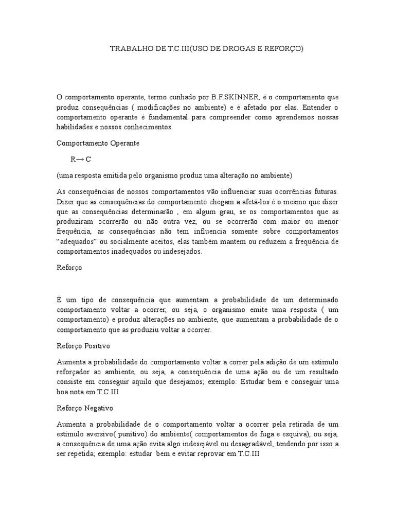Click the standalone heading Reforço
(x=69, y=268)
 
